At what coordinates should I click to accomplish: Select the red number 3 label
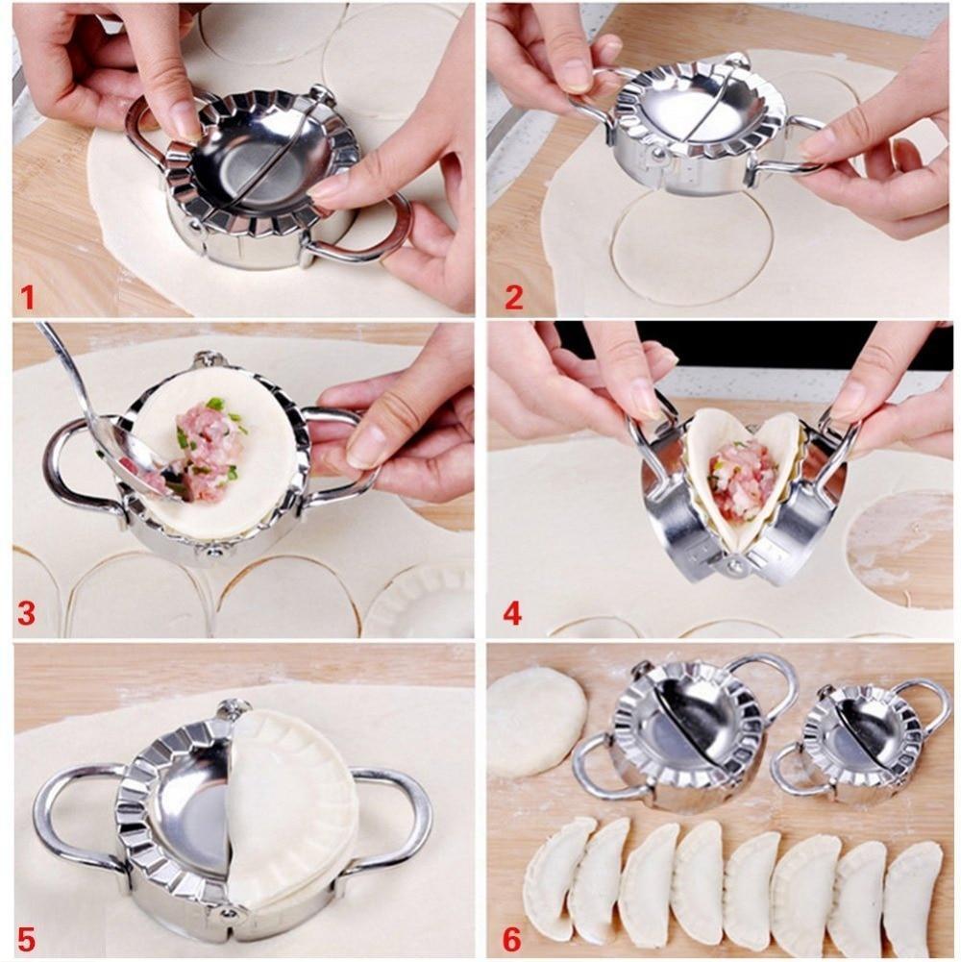point(26,613)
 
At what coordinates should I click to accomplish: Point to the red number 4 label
point(512,613)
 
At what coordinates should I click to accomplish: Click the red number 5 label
point(26,937)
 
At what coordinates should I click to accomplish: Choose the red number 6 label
point(512,937)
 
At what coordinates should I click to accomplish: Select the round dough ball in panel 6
point(535,721)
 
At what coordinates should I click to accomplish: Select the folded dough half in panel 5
point(288,807)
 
